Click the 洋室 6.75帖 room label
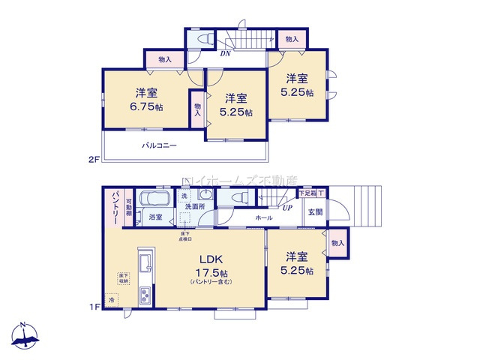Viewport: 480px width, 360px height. (x=146, y=99)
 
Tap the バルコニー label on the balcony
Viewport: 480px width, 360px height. (x=160, y=145)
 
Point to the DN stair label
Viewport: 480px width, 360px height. (x=225, y=54)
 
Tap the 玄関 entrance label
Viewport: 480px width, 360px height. (x=314, y=212)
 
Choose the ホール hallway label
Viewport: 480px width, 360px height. (x=264, y=217)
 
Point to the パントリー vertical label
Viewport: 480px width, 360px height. (x=115, y=205)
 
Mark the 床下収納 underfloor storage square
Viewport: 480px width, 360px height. (x=122, y=279)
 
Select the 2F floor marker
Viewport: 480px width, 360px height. (x=94, y=160)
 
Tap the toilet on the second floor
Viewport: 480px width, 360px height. (x=203, y=40)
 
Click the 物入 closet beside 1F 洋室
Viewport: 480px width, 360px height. (x=337, y=242)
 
